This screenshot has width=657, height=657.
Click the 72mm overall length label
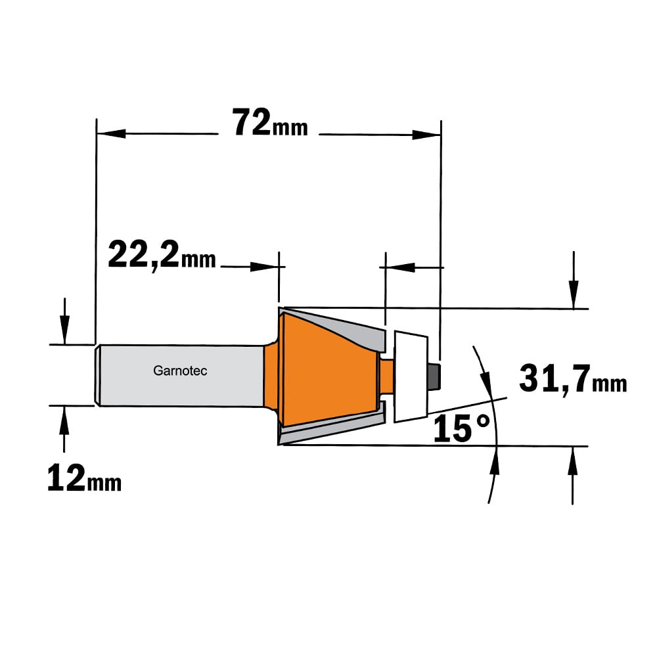click(270, 123)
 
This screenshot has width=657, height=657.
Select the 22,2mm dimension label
click(162, 256)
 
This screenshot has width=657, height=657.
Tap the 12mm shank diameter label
click(84, 478)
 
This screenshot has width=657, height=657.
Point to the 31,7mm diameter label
click(573, 379)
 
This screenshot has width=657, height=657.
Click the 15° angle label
click(461, 428)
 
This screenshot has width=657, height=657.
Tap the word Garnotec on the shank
click(180, 371)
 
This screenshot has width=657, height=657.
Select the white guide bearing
click(411, 376)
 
